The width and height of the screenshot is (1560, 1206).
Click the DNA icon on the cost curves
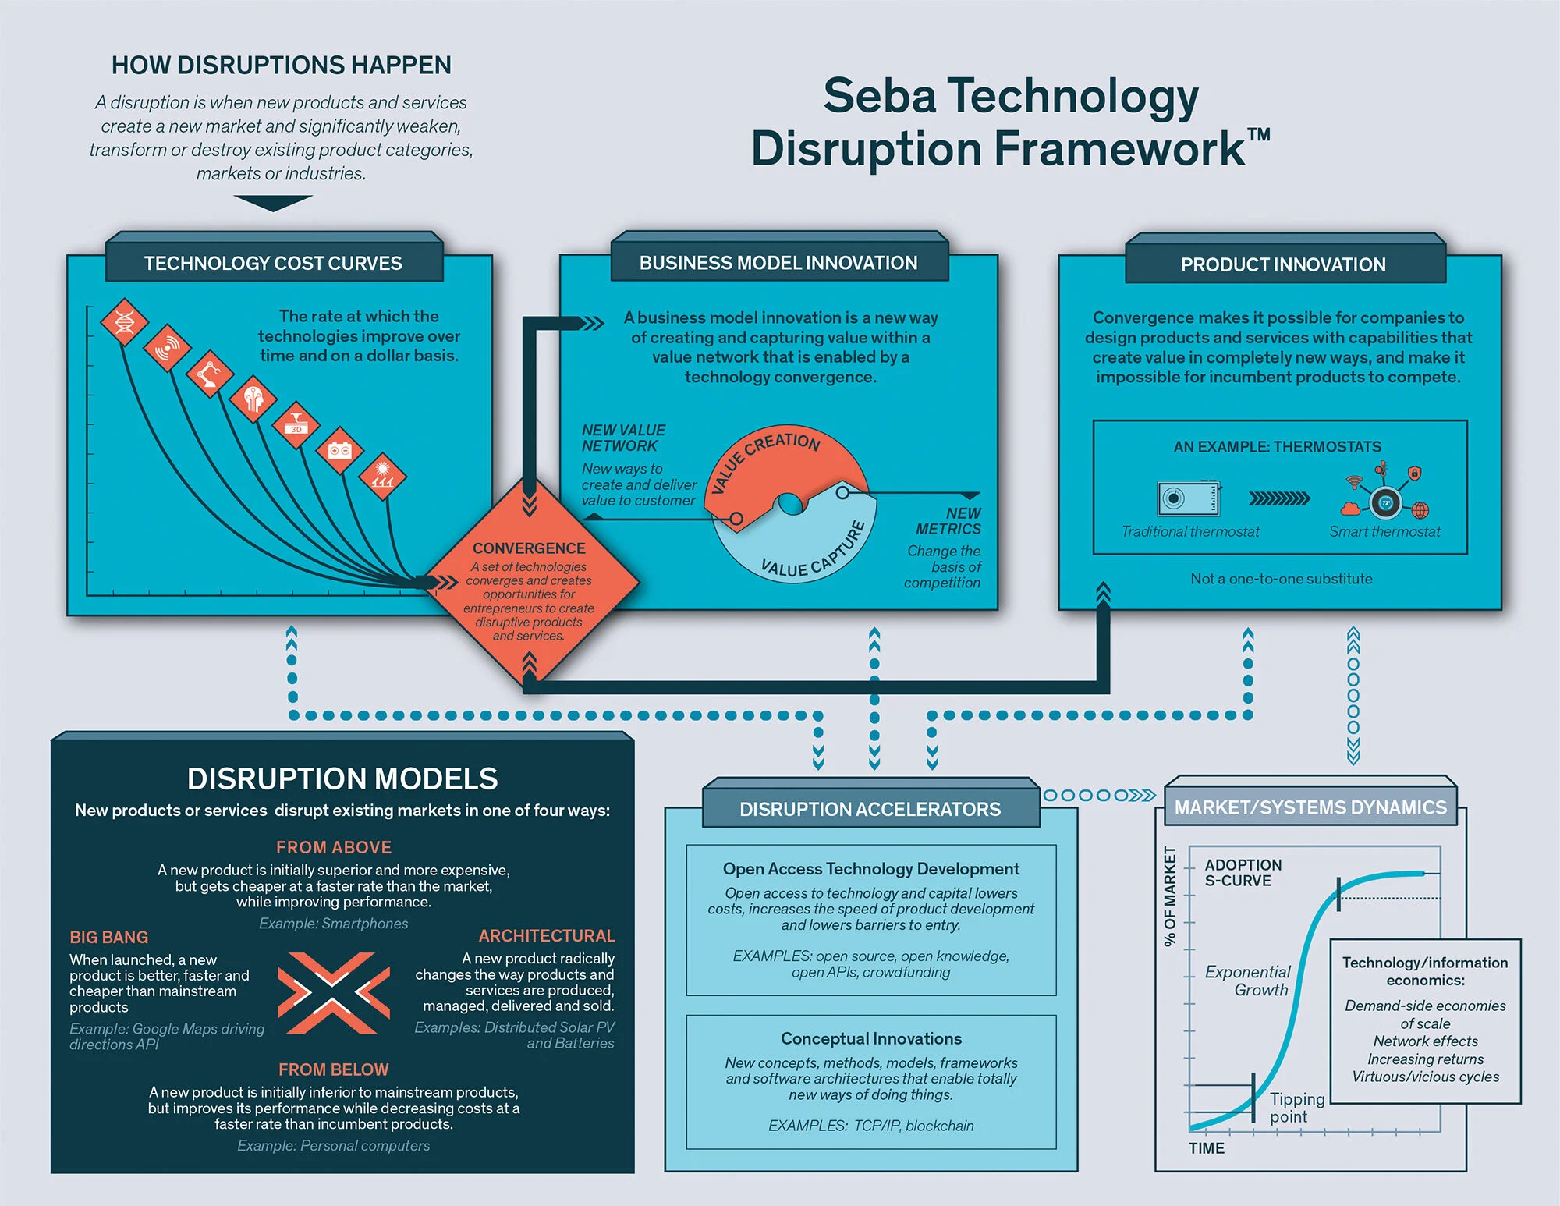coord(125,321)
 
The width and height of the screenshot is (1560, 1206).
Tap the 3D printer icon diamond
coord(296,425)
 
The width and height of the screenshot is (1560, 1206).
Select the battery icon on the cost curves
coord(339,450)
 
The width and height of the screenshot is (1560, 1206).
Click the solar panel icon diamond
coord(382,475)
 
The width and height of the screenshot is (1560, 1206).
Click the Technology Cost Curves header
coord(273,264)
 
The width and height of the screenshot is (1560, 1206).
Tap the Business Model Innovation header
coord(778,263)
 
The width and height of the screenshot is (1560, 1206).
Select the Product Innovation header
coord(1283,264)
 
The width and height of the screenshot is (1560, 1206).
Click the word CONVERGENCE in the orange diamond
coord(529,548)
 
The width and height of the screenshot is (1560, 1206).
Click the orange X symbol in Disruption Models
coord(334,993)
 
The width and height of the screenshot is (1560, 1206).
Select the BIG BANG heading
coord(108,937)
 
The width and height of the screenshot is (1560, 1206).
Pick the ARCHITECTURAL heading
coord(546,935)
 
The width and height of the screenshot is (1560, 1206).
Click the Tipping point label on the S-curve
coord(1296,1108)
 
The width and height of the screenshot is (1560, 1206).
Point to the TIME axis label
coord(1206,1148)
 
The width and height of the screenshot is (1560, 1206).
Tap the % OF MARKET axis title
coord(1169,896)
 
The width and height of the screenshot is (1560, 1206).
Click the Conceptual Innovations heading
coord(871,1038)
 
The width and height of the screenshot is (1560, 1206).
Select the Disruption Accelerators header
coord(870,809)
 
